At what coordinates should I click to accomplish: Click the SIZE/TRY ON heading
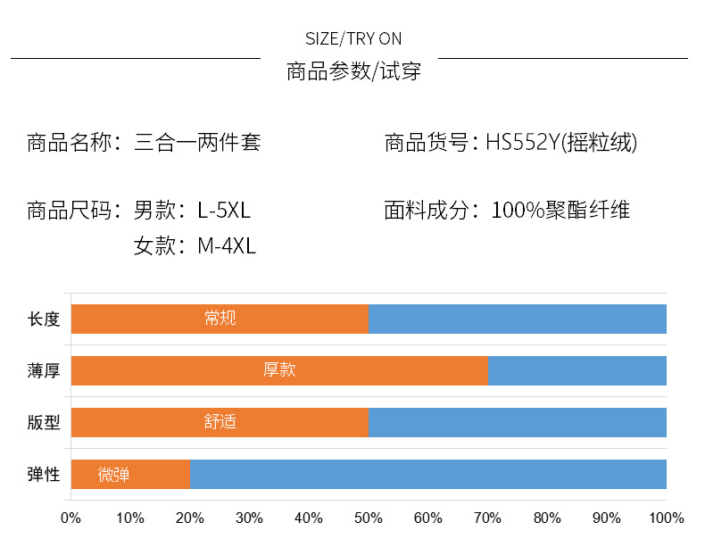pyautogui.click(x=353, y=38)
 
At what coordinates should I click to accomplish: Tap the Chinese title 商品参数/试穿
pyautogui.click(x=353, y=72)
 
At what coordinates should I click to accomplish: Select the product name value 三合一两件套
pyautogui.click(x=197, y=142)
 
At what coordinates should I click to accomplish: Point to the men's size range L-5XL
pyautogui.click(x=224, y=211)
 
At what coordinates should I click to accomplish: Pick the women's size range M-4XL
pyautogui.click(x=227, y=246)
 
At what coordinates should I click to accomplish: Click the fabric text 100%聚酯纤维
pyautogui.click(x=560, y=211)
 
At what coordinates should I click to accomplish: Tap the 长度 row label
pyautogui.click(x=44, y=319)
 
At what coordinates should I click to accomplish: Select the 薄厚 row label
pyautogui.click(x=44, y=370)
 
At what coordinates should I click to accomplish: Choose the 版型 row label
pyautogui.click(x=44, y=422)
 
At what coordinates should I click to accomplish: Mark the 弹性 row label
pyautogui.click(x=44, y=474)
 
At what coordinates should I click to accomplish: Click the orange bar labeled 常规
pyautogui.click(x=220, y=319)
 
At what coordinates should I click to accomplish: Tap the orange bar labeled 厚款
pyautogui.click(x=279, y=370)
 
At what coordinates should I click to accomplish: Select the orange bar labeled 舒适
pyautogui.click(x=220, y=422)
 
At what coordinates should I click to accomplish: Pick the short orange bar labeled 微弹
pyautogui.click(x=130, y=474)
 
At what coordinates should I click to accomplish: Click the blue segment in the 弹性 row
pyautogui.click(x=428, y=474)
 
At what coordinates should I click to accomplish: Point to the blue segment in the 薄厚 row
pyautogui.click(x=577, y=370)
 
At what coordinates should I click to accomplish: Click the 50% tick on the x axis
pyautogui.click(x=369, y=518)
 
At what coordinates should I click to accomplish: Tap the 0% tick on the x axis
pyautogui.click(x=70, y=518)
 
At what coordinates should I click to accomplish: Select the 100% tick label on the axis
pyautogui.click(x=666, y=518)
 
